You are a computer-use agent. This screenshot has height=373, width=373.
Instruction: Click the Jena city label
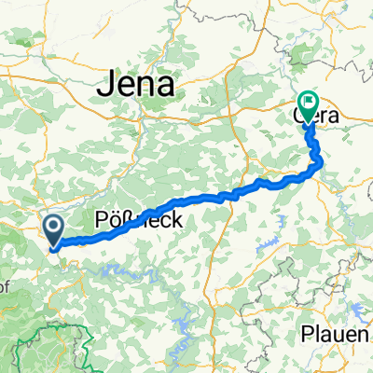coord(136,87)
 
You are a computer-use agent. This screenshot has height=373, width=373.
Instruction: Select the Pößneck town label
coord(130,221)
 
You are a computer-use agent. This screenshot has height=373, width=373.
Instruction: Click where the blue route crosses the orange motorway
coord(226,194)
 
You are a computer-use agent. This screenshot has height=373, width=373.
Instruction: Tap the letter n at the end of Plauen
coord(366,335)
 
